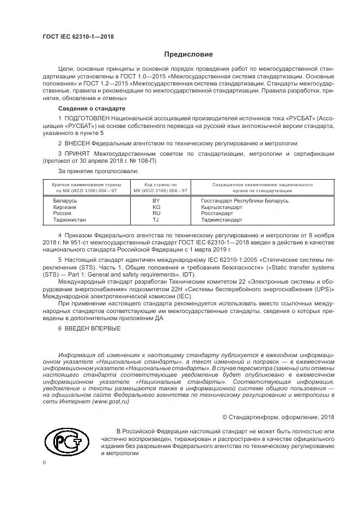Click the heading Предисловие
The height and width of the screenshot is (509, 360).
tap(188, 54)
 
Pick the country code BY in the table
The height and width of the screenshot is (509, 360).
tap(171, 200)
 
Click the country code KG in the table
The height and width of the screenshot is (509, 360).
tap(171, 207)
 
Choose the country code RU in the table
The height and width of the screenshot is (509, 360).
tap(171, 213)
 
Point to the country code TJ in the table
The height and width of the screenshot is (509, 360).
tap(171, 220)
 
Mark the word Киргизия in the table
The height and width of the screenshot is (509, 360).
tap(65, 207)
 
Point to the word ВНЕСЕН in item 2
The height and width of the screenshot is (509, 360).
tap(76, 143)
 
